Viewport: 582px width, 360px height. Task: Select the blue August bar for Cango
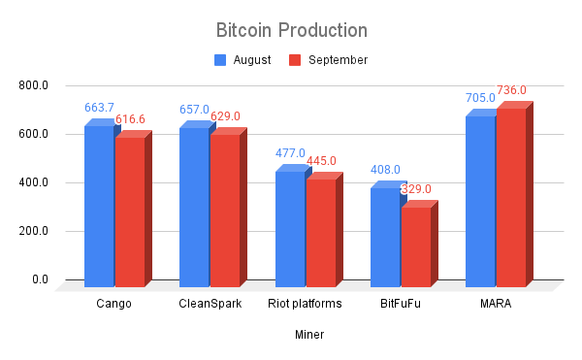99,206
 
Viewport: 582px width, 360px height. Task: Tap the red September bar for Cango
130,212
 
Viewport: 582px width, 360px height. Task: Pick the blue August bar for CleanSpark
194,207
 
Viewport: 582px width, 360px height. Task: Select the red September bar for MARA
511,198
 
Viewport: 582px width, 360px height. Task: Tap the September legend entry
329,60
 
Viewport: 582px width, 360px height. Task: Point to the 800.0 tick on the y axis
33,85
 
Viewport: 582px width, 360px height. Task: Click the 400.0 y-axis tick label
33,182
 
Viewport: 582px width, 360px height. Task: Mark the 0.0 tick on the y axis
39,279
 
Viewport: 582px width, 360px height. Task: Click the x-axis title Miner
309,335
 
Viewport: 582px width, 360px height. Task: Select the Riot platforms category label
308,304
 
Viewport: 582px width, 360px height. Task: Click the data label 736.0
511,91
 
